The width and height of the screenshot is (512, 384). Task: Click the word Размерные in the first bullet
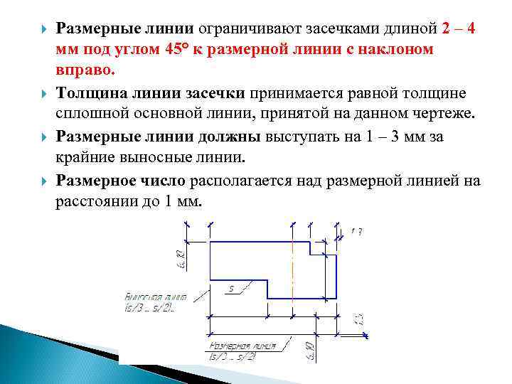pos(91,28)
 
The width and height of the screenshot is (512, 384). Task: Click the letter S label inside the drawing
pos(231,289)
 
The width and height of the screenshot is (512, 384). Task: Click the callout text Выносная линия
pos(156,297)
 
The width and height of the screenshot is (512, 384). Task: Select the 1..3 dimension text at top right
pos(357,231)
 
